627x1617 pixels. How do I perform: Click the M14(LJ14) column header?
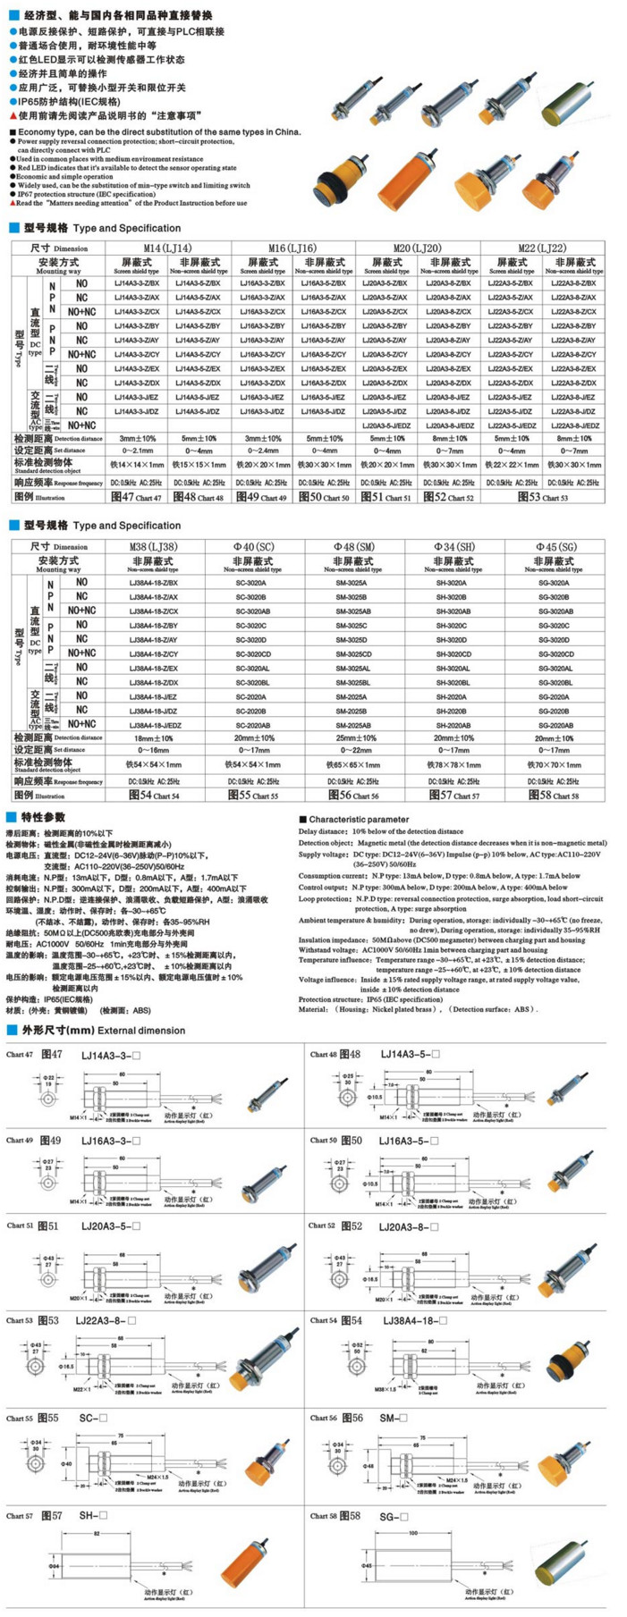click(x=167, y=248)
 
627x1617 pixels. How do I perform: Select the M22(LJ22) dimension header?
click(x=542, y=248)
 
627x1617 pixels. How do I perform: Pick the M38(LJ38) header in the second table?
click(x=155, y=546)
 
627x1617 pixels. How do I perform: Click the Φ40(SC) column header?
click(x=254, y=546)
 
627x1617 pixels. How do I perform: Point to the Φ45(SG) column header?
click(x=555, y=546)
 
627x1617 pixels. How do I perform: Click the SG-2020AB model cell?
click(x=555, y=725)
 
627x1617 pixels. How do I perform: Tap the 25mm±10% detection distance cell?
click(x=355, y=738)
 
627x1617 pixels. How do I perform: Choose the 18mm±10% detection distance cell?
click(x=154, y=738)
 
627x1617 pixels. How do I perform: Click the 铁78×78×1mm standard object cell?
click(x=454, y=764)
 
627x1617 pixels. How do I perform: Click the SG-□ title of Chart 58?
click(x=394, y=1516)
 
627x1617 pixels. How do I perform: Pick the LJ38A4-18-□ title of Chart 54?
click(x=415, y=1320)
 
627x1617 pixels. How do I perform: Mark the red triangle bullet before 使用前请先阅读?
click(x=13, y=115)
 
